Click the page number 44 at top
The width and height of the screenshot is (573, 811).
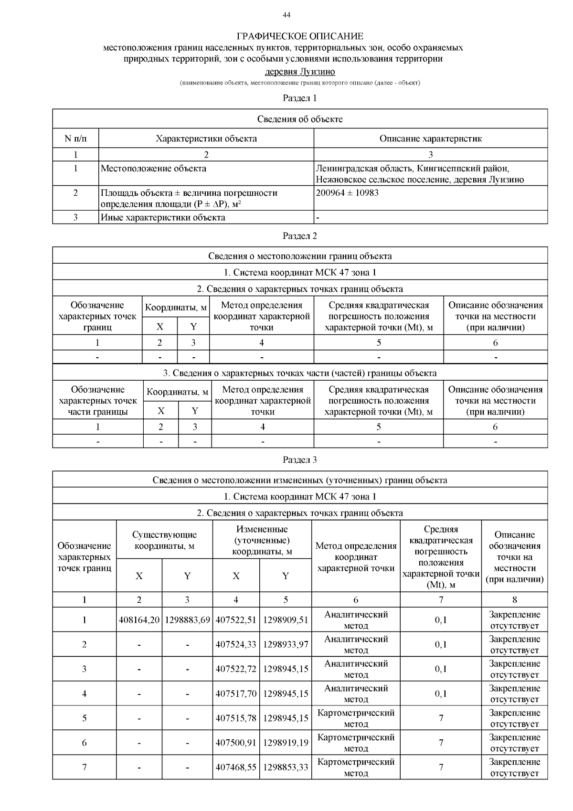click(x=286, y=15)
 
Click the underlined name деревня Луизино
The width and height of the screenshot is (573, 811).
click(x=300, y=72)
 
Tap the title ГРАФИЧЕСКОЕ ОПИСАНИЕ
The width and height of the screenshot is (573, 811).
click(x=300, y=36)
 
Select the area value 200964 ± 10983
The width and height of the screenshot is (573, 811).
click(x=347, y=193)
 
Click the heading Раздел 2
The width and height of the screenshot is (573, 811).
click(x=300, y=235)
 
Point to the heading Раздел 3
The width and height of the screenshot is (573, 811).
click(x=300, y=459)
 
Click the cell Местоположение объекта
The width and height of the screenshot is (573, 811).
click(x=153, y=168)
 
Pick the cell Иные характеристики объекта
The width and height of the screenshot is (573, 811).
click(x=163, y=217)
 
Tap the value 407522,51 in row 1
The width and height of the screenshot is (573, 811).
click(x=236, y=620)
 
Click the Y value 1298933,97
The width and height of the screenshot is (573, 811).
click(x=286, y=644)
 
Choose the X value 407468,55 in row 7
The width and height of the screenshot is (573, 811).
click(x=236, y=767)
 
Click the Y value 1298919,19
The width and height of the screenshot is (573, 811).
click(x=286, y=743)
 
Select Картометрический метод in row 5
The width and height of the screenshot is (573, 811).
click(x=356, y=718)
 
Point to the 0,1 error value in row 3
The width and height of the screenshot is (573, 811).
click(x=441, y=669)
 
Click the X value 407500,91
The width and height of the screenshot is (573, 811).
click(x=236, y=743)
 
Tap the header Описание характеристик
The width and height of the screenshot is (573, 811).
click(x=430, y=139)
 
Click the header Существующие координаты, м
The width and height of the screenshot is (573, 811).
click(x=164, y=540)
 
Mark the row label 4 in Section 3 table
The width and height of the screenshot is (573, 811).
click(x=85, y=694)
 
